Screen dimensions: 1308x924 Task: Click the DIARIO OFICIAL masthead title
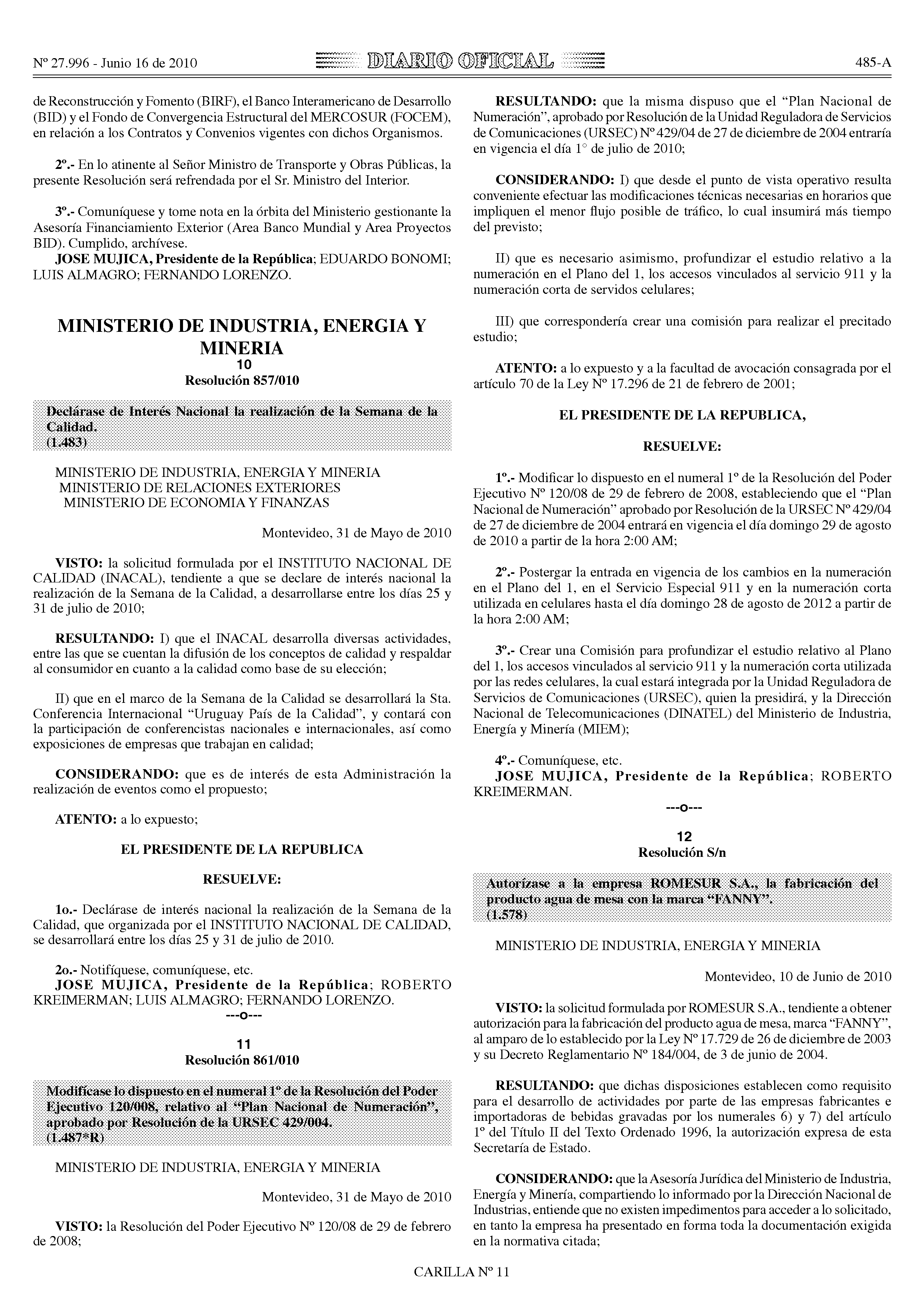point(460,61)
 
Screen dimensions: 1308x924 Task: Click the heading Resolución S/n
point(682,852)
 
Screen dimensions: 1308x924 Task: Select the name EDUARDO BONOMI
point(385,259)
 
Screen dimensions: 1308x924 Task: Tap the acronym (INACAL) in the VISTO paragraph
point(120,579)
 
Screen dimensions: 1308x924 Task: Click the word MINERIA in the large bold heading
point(242,348)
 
